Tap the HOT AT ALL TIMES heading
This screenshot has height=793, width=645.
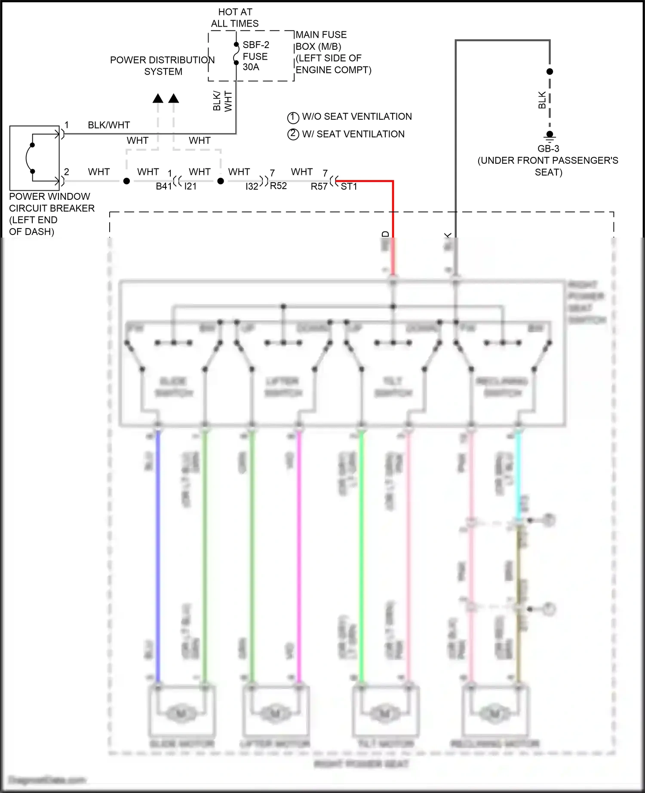tap(235, 18)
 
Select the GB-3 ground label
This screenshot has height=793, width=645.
tap(548, 149)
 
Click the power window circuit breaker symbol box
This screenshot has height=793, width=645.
tap(34, 158)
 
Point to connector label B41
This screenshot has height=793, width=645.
tap(163, 186)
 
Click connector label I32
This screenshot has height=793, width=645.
tap(252, 186)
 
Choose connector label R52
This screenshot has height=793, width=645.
tap(278, 186)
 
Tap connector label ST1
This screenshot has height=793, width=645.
tap(349, 186)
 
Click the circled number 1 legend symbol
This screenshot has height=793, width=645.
tap(293, 117)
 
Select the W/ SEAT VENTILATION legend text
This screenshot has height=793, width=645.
tap(353, 134)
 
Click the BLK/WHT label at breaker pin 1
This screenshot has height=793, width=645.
tap(109, 125)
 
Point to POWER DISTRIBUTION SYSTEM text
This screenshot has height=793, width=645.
tap(163, 66)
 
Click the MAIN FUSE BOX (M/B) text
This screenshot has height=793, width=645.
tap(321, 40)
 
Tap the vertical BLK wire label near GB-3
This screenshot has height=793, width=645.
tap(542, 100)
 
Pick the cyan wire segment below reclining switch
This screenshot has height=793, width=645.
tap(518, 473)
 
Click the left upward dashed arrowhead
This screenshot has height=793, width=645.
tap(158, 99)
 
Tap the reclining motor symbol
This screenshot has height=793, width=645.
tap(495, 713)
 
